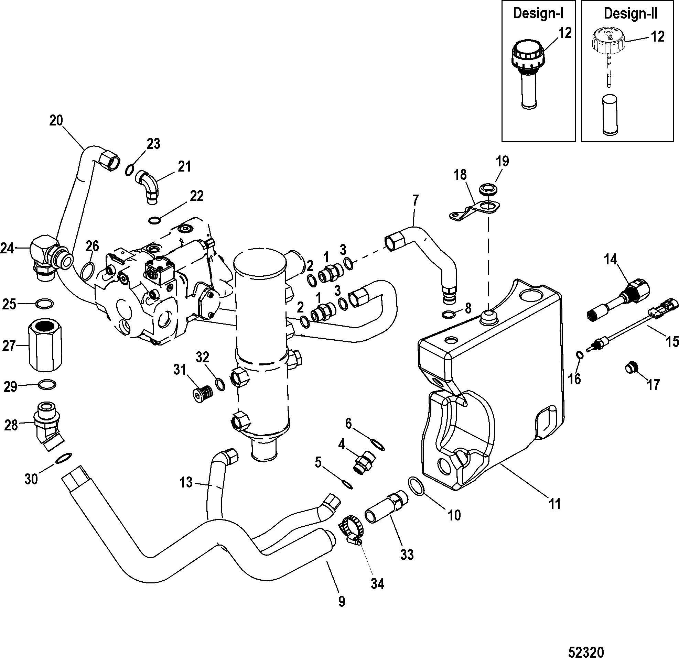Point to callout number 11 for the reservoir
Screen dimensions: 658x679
tap(555, 504)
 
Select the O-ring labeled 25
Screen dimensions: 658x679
tap(45, 304)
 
